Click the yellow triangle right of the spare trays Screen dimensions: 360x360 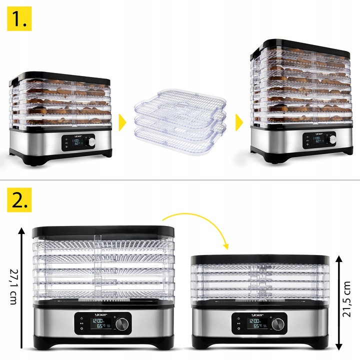pyautogui.click(x=239, y=121)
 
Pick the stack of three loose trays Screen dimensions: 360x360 pyautogui.click(x=180, y=120)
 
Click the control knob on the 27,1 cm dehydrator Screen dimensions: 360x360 pyautogui.click(x=121, y=324)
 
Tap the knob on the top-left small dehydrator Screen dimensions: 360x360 pyautogui.click(x=91, y=142)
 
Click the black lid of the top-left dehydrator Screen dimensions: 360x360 pyautogui.click(x=60, y=78)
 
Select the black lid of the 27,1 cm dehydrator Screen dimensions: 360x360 pyautogui.click(x=103, y=231)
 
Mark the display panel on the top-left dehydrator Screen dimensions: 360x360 pyautogui.click(x=73, y=143)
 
